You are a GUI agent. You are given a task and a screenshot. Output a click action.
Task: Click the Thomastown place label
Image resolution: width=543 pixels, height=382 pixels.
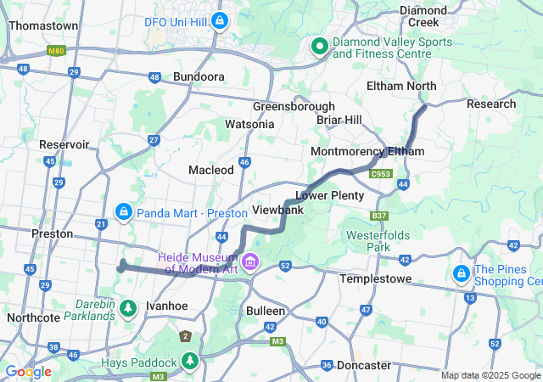(x=43, y=25)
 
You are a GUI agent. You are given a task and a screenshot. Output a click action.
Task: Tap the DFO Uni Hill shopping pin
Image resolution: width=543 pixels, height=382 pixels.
(x=220, y=20)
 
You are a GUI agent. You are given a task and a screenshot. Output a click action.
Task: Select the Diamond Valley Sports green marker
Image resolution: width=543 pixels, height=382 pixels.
(x=320, y=46)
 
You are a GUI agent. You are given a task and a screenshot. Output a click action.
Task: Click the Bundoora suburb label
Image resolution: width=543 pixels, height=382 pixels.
(x=199, y=76)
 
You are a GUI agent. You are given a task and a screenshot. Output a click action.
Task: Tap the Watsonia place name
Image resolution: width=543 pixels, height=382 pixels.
(x=249, y=124)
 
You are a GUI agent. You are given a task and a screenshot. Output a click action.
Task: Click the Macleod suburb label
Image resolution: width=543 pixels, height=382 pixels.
(x=211, y=170)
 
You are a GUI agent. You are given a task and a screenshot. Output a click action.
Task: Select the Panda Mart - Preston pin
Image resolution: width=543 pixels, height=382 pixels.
(x=123, y=210)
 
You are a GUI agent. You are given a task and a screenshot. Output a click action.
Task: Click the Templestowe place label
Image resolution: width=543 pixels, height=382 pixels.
(x=376, y=278)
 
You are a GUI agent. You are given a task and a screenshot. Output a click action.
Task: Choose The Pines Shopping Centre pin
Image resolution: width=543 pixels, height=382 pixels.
(x=462, y=273)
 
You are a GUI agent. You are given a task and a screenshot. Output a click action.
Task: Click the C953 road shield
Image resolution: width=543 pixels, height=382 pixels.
(x=381, y=173)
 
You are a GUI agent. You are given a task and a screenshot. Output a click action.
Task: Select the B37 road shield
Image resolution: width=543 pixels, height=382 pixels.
(x=378, y=216)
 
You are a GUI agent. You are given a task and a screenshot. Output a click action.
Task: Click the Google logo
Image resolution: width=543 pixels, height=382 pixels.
(x=27, y=372)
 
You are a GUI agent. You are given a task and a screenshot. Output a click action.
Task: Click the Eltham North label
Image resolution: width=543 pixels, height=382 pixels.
(x=401, y=86)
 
